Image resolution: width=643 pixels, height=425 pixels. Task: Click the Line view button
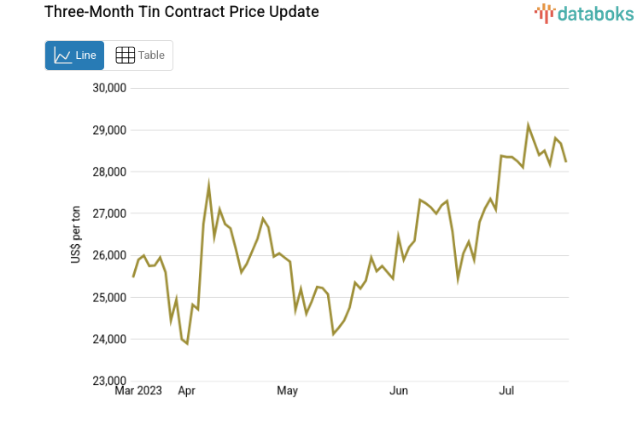click(x=74, y=55)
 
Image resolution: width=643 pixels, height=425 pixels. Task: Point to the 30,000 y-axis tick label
click(x=108, y=88)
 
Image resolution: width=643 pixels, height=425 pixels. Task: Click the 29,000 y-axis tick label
click(x=108, y=131)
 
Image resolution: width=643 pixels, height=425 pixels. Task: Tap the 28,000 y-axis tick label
click(x=108, y=172)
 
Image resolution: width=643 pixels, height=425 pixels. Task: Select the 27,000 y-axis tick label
click(x=108, y=214)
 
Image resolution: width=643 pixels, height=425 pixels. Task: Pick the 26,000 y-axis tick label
click(x=108, y=256)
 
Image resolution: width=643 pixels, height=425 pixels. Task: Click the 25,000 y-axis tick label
click(x=108, y=298)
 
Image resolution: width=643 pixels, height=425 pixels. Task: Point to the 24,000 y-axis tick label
click(x=108, y=340)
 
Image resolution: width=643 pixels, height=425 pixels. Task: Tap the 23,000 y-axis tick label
click(x=108, y=381)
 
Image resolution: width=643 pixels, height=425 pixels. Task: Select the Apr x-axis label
click(x=186, y=392)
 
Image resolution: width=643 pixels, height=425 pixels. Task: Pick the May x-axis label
click(x=287, y=392)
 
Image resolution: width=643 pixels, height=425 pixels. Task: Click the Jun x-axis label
click(x=398, y=392)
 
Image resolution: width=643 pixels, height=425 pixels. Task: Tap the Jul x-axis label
click(x=506, y=392)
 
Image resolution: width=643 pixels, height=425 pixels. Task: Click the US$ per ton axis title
click(x=76, y=235)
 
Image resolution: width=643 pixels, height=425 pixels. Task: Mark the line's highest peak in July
click(x=528, y=125)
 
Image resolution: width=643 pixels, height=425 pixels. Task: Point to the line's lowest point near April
click(x=187, y=343)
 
